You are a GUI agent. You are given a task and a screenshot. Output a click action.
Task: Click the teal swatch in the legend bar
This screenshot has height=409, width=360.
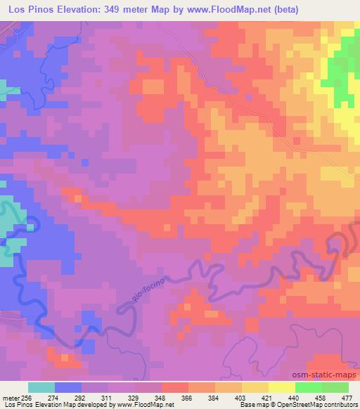[x=41, y=387]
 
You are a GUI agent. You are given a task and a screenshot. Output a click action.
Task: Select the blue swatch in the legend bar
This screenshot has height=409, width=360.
[x=68, y=387]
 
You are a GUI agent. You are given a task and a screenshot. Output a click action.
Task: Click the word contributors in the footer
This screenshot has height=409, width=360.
[x=339, y=405]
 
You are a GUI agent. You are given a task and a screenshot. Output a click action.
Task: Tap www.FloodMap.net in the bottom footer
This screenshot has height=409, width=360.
[x=147, y=405]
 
